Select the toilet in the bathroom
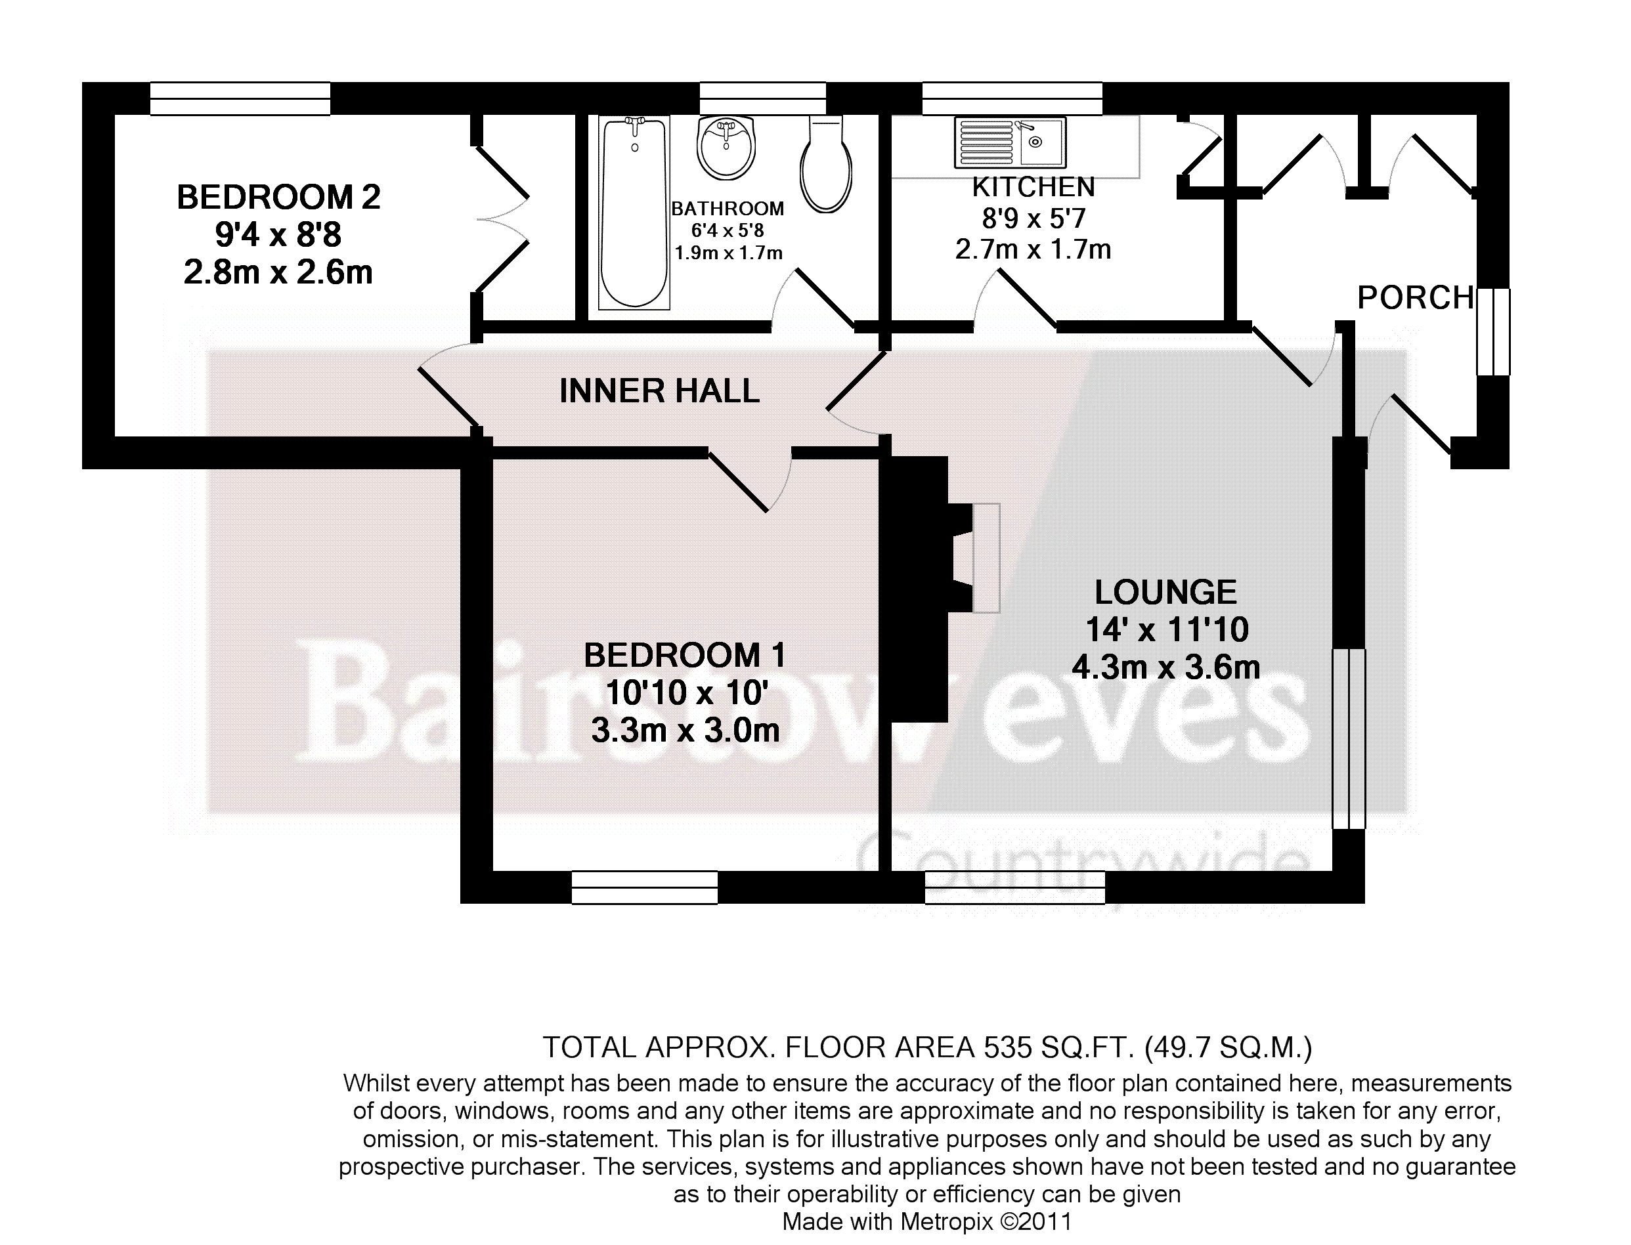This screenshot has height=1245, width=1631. click(825, 164)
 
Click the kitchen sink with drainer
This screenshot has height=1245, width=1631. click(1010, 142)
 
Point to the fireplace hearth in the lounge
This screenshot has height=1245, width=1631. click(986, 558)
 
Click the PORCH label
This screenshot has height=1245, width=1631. click(1415, 298)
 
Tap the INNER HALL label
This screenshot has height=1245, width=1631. click(659, 390)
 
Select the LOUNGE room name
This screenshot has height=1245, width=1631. click(1165, 592)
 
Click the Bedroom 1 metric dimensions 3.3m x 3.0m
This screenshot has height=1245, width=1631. click(685, 730)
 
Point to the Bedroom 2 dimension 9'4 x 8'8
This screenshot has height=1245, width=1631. click(278, 235)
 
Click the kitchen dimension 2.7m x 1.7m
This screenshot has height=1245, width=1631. click(1033, 250)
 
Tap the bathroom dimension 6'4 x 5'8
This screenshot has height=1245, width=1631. click(728, 230)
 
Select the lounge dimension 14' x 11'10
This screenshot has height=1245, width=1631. click(1167, 630)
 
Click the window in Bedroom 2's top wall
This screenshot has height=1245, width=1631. click(240, 98)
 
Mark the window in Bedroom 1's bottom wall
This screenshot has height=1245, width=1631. click(644, 887)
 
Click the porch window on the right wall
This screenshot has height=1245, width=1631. click(1493, 332)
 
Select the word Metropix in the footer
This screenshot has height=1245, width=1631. click(947, 1221)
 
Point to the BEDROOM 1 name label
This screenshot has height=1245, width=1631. click(684, 655)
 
